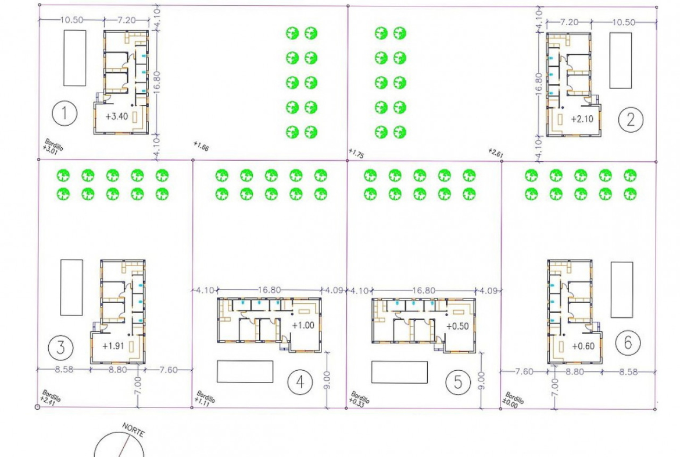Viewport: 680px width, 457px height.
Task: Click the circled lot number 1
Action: point(65,114)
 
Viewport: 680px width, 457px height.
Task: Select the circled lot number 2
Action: point(631,119)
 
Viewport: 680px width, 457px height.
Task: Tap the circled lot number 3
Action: point(60,348)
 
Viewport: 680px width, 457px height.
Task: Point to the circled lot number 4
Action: point(300,382)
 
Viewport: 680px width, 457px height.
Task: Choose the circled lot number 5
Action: point(459,382)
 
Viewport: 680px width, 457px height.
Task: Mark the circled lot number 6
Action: point(628,343)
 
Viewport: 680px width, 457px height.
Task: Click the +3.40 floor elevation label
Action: point(117,116)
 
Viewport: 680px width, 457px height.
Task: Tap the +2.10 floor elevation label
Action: point(582,119)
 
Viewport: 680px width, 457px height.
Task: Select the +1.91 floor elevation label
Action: point(113,346)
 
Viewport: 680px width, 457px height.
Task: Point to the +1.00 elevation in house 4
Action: point(303,325)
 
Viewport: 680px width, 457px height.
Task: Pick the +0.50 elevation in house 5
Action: point(457,326)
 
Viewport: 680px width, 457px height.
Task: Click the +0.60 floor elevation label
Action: point(584,346)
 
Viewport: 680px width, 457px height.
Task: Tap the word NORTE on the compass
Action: point(133,430)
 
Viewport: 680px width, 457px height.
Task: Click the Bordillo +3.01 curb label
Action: point(53,146)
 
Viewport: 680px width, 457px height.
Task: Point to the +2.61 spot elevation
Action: point(495,153)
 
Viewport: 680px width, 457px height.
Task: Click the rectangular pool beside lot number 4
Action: point(245,372)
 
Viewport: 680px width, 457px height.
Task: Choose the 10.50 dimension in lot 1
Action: point(71,20)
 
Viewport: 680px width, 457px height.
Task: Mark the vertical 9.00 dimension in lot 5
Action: point(481,381)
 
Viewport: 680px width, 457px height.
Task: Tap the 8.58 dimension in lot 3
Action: point(64,370)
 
